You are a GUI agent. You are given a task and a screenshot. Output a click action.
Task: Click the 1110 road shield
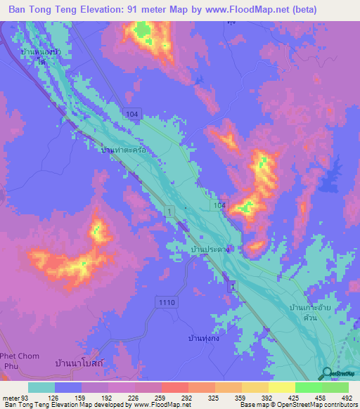[167, 301]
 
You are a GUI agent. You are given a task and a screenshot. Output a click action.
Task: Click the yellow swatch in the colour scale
[281, 387]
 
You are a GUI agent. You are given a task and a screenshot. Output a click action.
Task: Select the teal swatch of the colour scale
[41, 387]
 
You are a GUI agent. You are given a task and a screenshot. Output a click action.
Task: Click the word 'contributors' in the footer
[340, 405]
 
